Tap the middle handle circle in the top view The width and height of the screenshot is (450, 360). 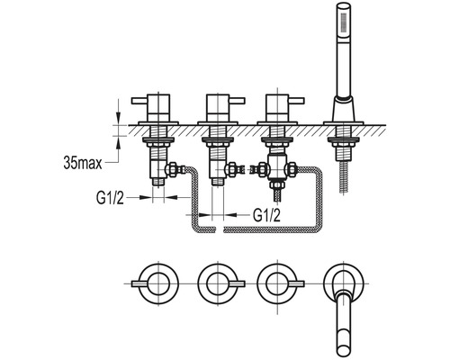pos(216,287)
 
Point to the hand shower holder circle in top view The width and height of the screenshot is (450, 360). pos(342,281)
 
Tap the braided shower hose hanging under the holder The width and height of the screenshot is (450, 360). pos(344,171)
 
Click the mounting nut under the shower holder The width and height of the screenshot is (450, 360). pos(343,139)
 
